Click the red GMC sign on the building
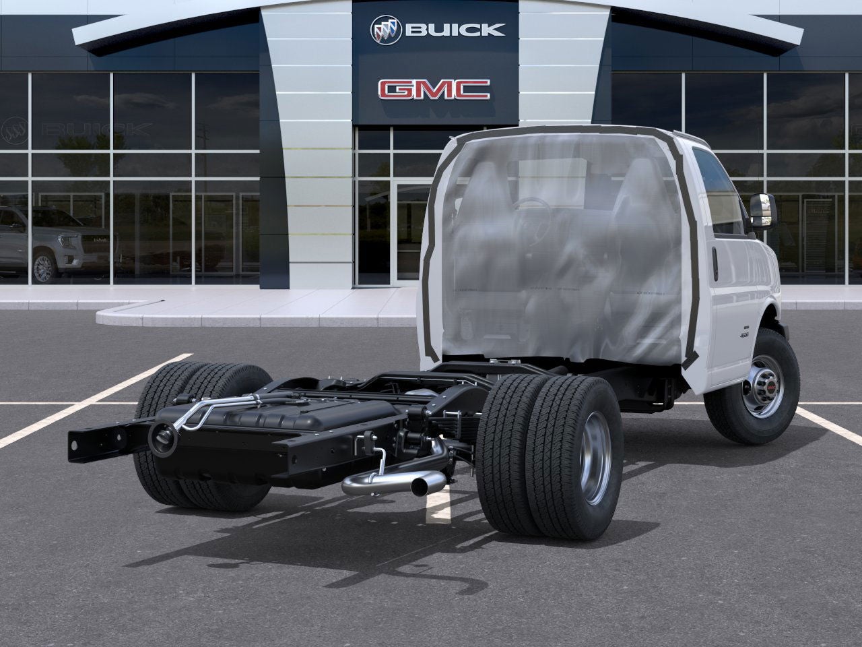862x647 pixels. (434, 89)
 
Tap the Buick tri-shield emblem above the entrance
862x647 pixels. (386, 29)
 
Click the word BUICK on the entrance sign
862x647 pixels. (454, 30)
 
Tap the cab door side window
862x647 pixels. (716, 192)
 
